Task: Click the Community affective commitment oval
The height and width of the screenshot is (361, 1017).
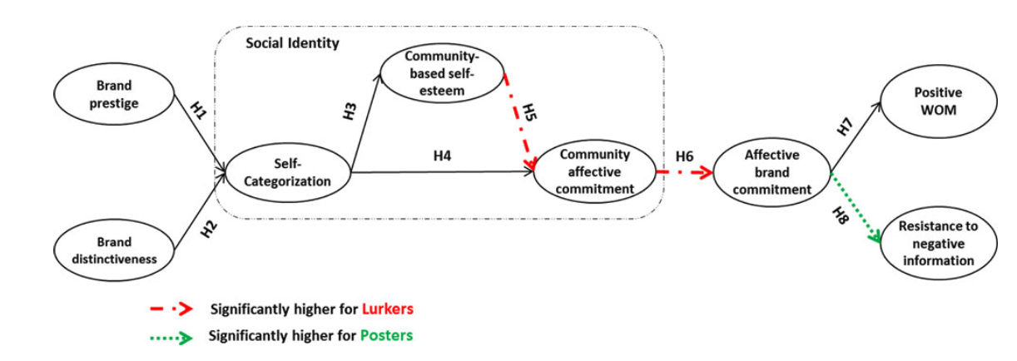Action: pyautogui.click(x=594, y=171)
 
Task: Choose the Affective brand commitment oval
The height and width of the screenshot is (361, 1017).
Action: pyautogui.click(x=771, y=172)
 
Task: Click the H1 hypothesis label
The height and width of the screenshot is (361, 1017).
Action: pyautogui.click(x=199, y=111)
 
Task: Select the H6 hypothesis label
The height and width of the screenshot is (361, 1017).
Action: pyautogui.click(x=685, y=156)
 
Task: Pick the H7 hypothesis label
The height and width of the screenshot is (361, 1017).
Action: pyautogui.click(x=845, y=126)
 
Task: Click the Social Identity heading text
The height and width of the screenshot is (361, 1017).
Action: pyautogui.click(x=292, y=43)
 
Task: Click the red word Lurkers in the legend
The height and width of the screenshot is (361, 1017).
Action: pyautogui.click(x=388, y=309)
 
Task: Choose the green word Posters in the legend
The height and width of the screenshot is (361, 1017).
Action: pyautogui.click(x=386, y=336)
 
